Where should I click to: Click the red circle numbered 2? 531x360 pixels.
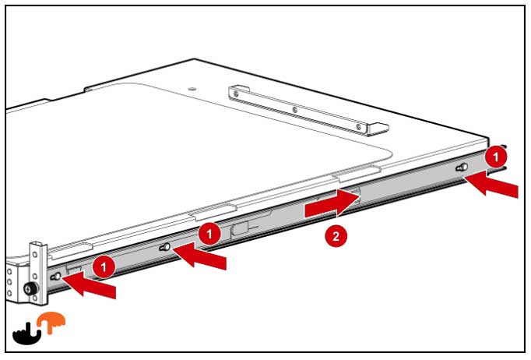coord(336,236)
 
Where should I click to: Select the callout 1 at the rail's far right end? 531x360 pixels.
coord(496,157)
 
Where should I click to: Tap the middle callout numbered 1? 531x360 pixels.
coord(209,234)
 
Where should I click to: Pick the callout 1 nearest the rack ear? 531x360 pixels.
coord(104,266)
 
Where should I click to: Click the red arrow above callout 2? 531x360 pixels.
coord(332,203)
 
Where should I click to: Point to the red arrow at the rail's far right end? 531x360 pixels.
coord(491,183)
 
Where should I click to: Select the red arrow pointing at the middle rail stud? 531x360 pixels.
coord(199,256)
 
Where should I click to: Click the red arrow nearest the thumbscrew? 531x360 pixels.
coord(89,284)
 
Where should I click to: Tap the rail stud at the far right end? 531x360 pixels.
coord(462,167)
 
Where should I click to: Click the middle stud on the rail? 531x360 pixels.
coord(164,248)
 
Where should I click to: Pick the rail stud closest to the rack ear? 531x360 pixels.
coord(55,277)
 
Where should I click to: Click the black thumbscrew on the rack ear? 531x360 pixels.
coord(30,289)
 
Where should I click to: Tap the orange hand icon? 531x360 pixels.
coord(51,323)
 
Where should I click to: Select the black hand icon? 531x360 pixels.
coord(27,334)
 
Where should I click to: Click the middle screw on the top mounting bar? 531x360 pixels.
coord(294,110)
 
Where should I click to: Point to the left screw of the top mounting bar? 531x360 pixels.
coord(236,93)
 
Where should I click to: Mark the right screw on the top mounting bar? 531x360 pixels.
coord(359,127)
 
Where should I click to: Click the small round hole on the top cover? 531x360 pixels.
coord(192,89)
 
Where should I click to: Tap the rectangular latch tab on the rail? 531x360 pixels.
coord(241,229)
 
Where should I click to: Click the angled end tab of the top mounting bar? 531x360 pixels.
coord(378,129)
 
